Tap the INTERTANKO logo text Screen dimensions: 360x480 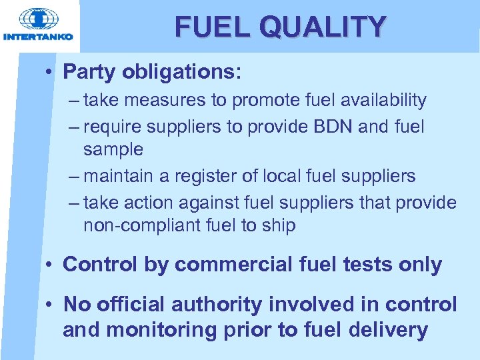point(38,37)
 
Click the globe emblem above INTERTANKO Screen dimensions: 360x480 point(37,19)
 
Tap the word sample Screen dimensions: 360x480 point(113,149)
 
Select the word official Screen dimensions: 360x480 point(131,305)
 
